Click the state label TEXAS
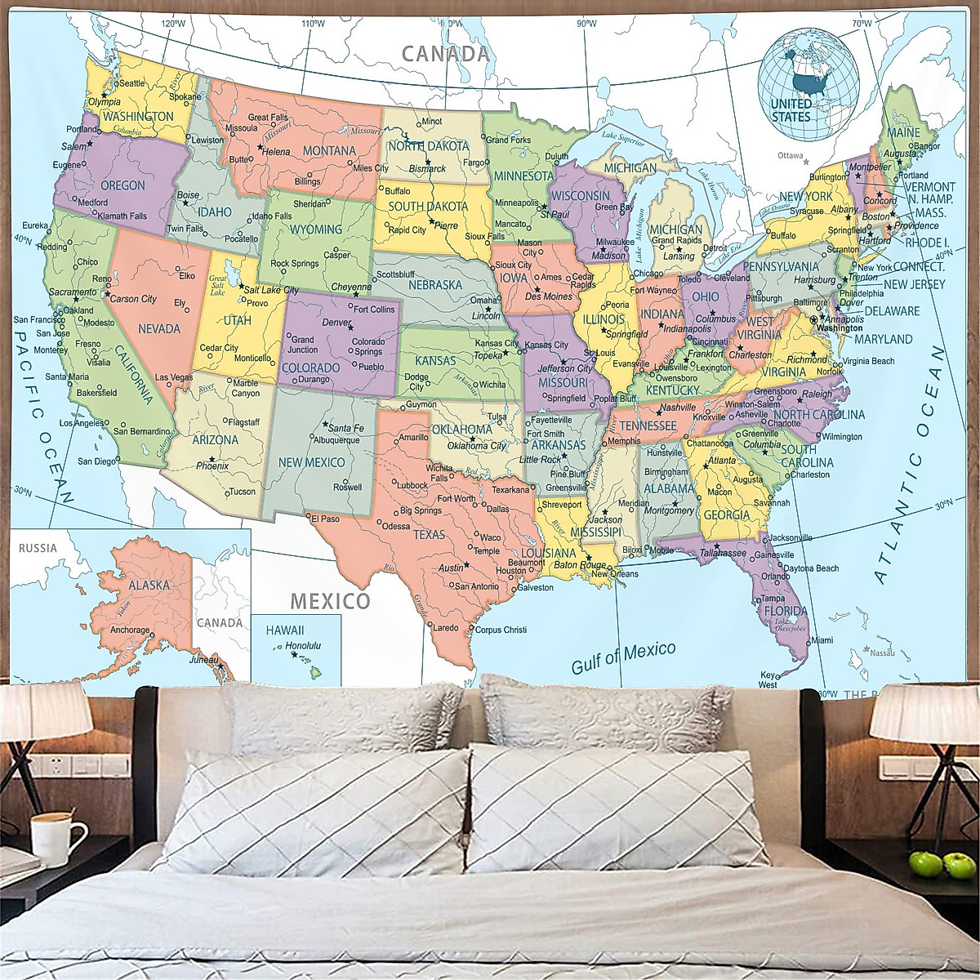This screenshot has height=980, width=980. point(429,535)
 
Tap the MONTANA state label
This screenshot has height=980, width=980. point(329,151)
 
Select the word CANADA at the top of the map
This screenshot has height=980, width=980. point(445,55)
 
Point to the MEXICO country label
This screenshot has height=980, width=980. point(330,602)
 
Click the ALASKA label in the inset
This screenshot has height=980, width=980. point(149,585)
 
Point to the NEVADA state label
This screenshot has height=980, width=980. point(159,328)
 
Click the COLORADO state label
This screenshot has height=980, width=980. point(310,367)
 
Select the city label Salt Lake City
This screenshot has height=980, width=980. point(271,290)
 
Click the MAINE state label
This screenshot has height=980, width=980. point(903,132)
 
